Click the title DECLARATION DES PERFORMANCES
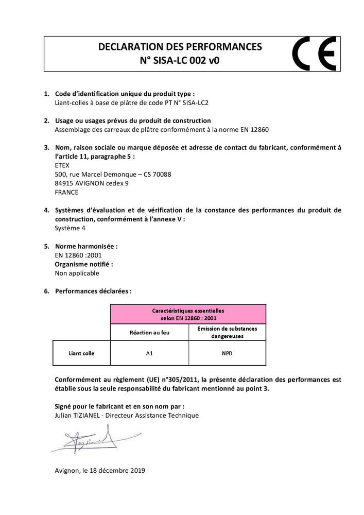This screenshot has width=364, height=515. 180,47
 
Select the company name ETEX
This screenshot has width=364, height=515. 62,165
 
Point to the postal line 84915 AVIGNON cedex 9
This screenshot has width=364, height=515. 92,183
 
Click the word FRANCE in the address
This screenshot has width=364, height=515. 66,192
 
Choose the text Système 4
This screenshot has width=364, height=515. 70,228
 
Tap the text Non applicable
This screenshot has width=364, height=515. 77,273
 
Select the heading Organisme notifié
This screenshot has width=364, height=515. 84,264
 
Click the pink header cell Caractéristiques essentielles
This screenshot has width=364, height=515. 188,314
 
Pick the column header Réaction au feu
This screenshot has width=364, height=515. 149,332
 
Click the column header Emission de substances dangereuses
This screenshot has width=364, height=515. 227,332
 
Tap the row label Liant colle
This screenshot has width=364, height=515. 81,353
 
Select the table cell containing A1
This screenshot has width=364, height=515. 149,353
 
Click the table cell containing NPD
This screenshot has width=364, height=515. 227,353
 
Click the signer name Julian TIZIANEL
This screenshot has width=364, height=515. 78,415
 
